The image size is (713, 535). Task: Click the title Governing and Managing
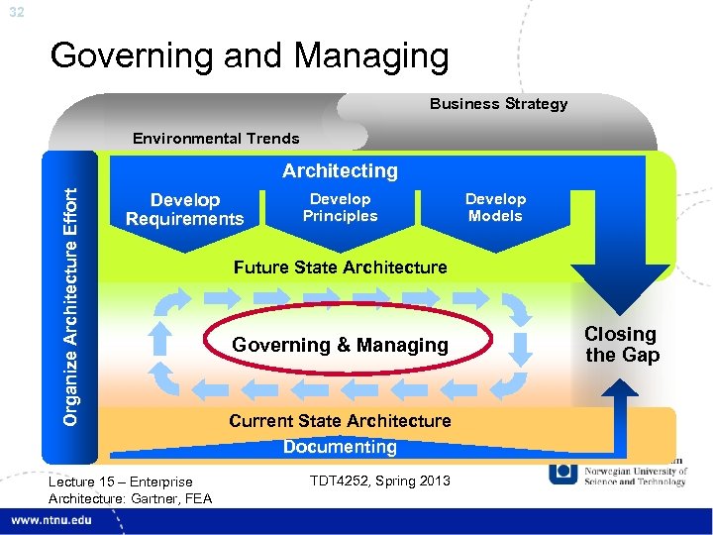pyautogui.click(x=249, y=55)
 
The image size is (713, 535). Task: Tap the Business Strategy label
pyautogui.click(x=498, y=104)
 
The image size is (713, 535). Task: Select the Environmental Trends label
pyautogui.click(x=216, y=139)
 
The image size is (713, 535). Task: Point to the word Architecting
pyautogui.click(x=340, y=170)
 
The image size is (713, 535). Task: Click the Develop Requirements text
pyautogui.click(x=184, y=209)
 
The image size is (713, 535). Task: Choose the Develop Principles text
pyautogui.click(x=340, y=207)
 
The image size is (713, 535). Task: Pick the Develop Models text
pyautogui.click(x=495, y=207)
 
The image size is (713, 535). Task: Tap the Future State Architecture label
pyautogui.click(x=340, y=267)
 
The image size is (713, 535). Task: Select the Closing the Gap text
pyautogui.click(x=621, y=345)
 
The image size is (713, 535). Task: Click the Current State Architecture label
pyautogui.click(x=340, y=420)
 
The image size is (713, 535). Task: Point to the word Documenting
pyautogui.click(x=340, y=447)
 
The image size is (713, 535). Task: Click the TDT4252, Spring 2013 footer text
pyautogui.click(x=379, y=481)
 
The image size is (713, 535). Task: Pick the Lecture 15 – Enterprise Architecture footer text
pyautogui.click(x=130, y=489)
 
